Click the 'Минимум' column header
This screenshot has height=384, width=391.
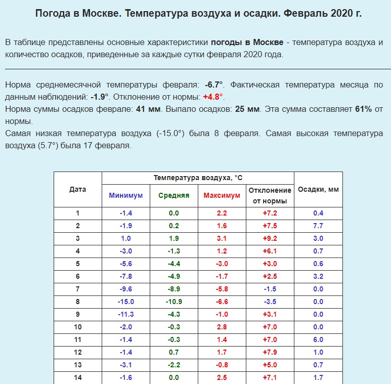coord(126,195)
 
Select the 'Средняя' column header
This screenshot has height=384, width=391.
coord(174,195)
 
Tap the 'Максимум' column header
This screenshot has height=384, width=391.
coord(222,195)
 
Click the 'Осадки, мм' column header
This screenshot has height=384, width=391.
coord(318,190)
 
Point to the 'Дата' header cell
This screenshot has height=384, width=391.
coord(77,190)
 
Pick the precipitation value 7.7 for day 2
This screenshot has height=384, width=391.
coord(318,226)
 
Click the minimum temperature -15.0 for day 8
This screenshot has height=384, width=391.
coord(126,302)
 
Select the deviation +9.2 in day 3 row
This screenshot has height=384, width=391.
coord(270,238)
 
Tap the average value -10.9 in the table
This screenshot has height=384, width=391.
coord(174,302)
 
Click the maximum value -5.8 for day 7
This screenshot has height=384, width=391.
coord(222,289)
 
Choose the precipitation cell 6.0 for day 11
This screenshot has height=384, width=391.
coord(318,339)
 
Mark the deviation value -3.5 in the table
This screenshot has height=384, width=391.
coord(270,302)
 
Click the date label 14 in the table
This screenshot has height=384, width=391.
coord(77,377)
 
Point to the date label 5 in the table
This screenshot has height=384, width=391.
coord(77,264)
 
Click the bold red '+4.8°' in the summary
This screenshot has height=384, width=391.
coord(213,97)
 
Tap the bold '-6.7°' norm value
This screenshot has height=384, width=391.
coord(214,84)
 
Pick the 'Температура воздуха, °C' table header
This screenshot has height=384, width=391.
coord(198,178)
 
